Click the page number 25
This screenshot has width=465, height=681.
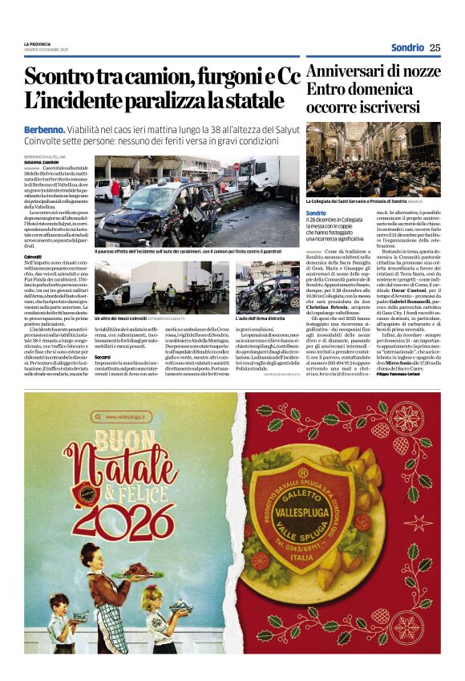click(435, 47)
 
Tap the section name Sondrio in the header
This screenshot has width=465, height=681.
click(407, 47)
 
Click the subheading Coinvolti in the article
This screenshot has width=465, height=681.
click(33, 257)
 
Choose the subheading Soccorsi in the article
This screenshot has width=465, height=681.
click(103, 356)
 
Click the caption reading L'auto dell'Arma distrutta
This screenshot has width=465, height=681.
click(261, 319)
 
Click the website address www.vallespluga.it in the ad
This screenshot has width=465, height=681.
click(122, 416)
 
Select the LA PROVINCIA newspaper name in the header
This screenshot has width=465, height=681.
click(37, 43)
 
